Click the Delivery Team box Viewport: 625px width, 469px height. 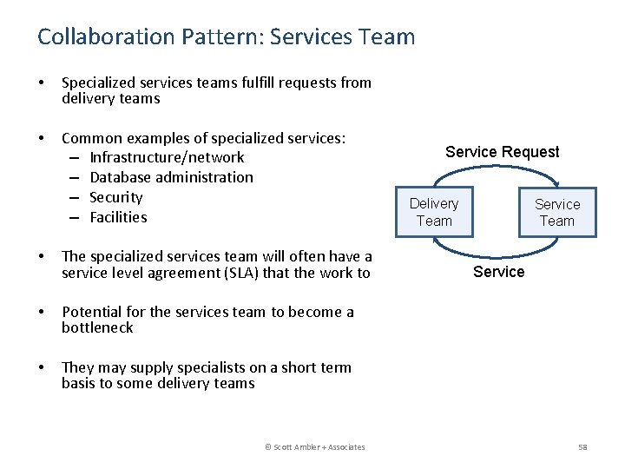tap(434, 212)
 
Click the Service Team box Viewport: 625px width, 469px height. tap(556, 212)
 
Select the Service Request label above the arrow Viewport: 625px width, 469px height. tap(502, 152)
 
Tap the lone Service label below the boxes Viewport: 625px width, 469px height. tap(498, 272)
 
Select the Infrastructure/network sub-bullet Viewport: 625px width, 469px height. tap(167, 157)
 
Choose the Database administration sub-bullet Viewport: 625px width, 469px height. tap(171, 177)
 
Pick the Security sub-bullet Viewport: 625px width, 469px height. tap(115, 197)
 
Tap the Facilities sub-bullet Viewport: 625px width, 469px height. tap(118, 217)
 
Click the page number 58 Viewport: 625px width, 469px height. tap(582, 446)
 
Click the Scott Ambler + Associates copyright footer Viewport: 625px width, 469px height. tap(314, 446)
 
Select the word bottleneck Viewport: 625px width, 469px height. tap(97, 327)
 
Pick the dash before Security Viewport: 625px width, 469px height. tap(75, 197)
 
